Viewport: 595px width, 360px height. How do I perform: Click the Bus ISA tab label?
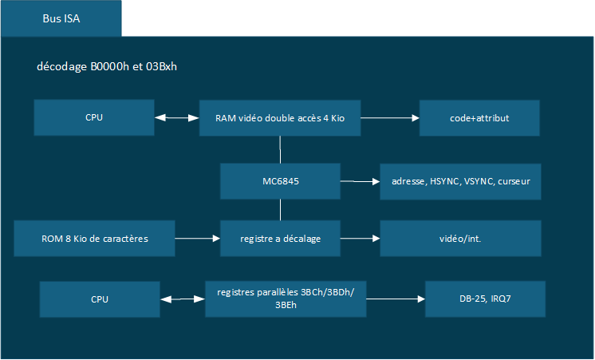pos(61,18)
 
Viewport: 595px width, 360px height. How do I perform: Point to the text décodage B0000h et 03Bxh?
pos(107,66)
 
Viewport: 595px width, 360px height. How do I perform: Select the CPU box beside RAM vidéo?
pos(94,117)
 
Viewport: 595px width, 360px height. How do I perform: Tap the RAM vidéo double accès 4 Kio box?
pos(280,118)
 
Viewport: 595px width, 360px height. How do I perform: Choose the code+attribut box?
pos(479,118)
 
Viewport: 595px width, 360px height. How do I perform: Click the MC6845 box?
pos(281,181)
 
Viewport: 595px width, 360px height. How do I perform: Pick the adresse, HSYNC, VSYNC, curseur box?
pos(460,181)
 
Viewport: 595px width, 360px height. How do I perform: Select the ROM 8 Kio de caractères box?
pos(94,239)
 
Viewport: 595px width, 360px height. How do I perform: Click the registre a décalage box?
pos(281,239)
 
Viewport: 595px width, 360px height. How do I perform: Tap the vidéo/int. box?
pos(460,239)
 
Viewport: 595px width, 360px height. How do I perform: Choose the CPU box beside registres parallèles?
pos(100,299)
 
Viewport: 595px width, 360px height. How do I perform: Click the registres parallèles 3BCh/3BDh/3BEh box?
pos(286,299)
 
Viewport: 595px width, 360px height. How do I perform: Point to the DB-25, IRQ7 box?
pos(486,299)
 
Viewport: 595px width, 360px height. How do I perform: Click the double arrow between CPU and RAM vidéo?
pos(177,118)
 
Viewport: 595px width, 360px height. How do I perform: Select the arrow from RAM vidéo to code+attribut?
pos(390,118)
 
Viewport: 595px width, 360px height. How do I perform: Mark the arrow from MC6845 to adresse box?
pos(361,181)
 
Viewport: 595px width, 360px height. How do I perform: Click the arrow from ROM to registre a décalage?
pos(198,239)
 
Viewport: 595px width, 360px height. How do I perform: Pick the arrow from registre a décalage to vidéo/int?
pos(361,239)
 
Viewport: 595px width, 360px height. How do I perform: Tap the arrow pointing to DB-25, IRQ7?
pos(396,299)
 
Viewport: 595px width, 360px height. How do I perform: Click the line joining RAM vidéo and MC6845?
pos(280,149)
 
